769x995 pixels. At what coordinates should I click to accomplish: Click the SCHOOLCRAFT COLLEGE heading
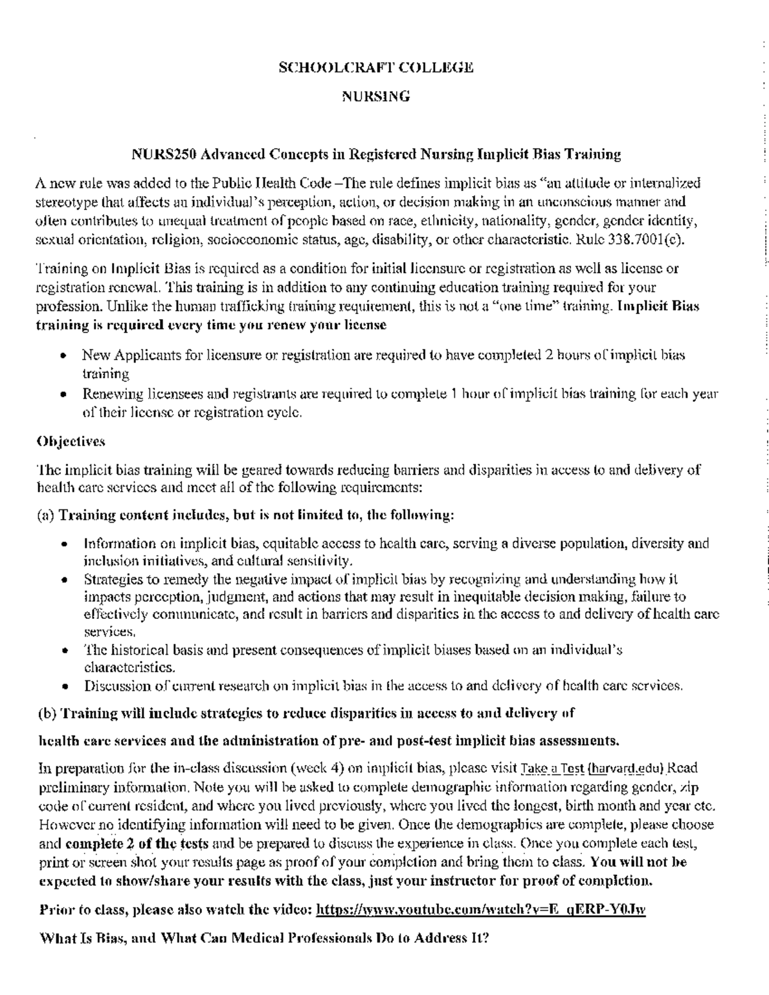coord(376,67)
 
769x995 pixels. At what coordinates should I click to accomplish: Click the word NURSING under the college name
coord(376,97)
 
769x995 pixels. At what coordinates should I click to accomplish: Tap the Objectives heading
coord(70,442)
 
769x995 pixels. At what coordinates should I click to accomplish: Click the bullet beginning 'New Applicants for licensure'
coord(383,356)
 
